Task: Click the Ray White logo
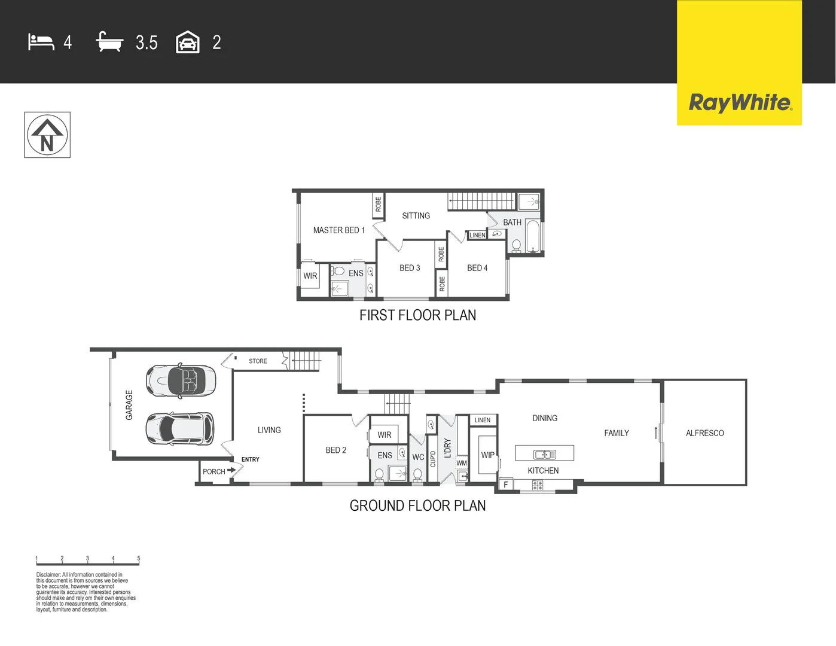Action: pos(740,102)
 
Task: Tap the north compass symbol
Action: pos(47,135)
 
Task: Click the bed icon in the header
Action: pos(41,42)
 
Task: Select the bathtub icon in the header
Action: pos(109,42)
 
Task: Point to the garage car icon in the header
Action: pos(188,42)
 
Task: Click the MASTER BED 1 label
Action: pos(338,230)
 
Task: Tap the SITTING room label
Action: pos(416,216)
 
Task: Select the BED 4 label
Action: pos(477,268)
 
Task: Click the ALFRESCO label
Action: pos(704,433)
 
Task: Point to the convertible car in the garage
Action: pos(181,380)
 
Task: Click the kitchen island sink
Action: pos(544,454)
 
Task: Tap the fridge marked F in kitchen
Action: pos(506,484)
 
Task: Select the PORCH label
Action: pos(213,472)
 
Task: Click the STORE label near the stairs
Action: pos(258,361)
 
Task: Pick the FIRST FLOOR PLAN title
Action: pos(417,315)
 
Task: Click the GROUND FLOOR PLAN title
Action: pos(417,506)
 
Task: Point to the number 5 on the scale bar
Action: pos(139,559)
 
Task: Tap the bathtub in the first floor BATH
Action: pos(533,236)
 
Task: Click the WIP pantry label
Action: pos(487,455)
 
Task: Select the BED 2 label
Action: pos(335,450)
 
